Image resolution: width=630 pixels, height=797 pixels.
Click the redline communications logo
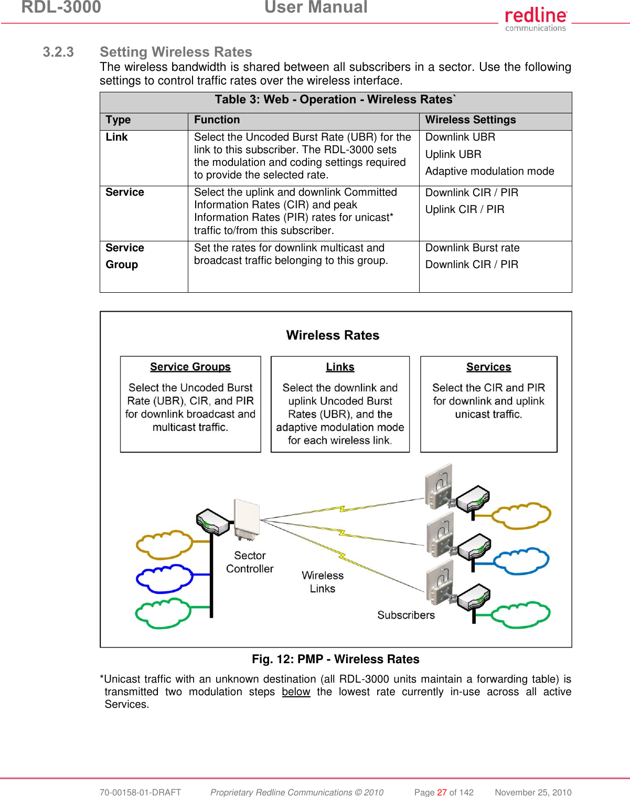coord(536,19)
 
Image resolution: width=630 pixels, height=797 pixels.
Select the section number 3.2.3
coord(58,52)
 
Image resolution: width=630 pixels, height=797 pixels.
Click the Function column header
coord(217,120)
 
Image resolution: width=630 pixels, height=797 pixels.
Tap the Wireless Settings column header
coord(470,120)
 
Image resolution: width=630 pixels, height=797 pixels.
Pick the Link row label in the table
coord(116,137)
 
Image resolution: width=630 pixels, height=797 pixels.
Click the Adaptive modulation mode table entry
coord(489,172)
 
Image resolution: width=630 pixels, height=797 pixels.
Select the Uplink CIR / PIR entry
coord(464,210)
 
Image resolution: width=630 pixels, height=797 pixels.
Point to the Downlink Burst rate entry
coord(472,248)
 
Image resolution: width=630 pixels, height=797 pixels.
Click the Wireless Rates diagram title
coord(333,335)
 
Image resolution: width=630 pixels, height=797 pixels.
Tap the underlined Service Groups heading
coord(190,367)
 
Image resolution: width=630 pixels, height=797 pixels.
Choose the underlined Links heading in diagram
coord(340,367)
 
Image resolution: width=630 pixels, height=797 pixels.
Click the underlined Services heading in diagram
coord(488,367)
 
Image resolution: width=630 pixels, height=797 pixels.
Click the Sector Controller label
coord(250,562)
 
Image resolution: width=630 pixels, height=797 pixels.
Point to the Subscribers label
coord(406,615)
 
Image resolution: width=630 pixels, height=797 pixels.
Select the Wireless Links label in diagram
coord(322,582)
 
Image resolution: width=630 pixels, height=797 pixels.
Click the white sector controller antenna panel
coord(247,518)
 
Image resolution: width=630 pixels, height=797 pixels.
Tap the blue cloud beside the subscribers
coord(521,561)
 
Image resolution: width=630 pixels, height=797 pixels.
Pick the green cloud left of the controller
coord(163,613)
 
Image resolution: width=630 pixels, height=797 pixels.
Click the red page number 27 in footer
coord(442,792)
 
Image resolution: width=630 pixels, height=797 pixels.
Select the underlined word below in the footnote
coord(296,692)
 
